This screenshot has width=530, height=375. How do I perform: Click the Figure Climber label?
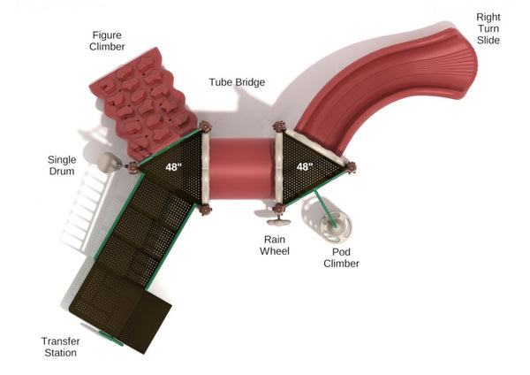coord(107,41)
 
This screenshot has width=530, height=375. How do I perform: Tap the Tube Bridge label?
coord(237,82)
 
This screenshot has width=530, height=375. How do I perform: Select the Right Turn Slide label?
coord(488,28)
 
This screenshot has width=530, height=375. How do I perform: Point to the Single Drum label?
coord(62,165)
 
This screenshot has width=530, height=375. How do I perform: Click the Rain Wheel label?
coord(275,245)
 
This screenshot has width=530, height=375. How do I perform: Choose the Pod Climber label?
coord(341,257)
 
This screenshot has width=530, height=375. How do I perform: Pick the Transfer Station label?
coord(61,347)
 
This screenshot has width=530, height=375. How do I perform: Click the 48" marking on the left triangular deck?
coord(173,167)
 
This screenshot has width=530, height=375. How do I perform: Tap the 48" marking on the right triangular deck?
coord(305,166)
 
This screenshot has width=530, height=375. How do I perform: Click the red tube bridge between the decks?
coord(242,168)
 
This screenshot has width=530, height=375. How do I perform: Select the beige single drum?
coord(110,163)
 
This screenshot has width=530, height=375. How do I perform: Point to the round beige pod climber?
coord(336,227)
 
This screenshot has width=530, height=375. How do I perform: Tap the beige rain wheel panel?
coord(279,222)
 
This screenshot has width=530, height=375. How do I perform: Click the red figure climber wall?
coord(143,103)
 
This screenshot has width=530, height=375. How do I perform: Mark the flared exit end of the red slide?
coord(464,65)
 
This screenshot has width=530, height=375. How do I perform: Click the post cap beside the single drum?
coord(132,167)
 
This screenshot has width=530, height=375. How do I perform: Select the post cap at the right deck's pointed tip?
coord(351,167)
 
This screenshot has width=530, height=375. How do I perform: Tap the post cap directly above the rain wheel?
coord(279,209)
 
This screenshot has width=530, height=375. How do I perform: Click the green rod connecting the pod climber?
coord(324,208)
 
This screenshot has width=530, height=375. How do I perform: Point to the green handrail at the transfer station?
coord(111,339)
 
